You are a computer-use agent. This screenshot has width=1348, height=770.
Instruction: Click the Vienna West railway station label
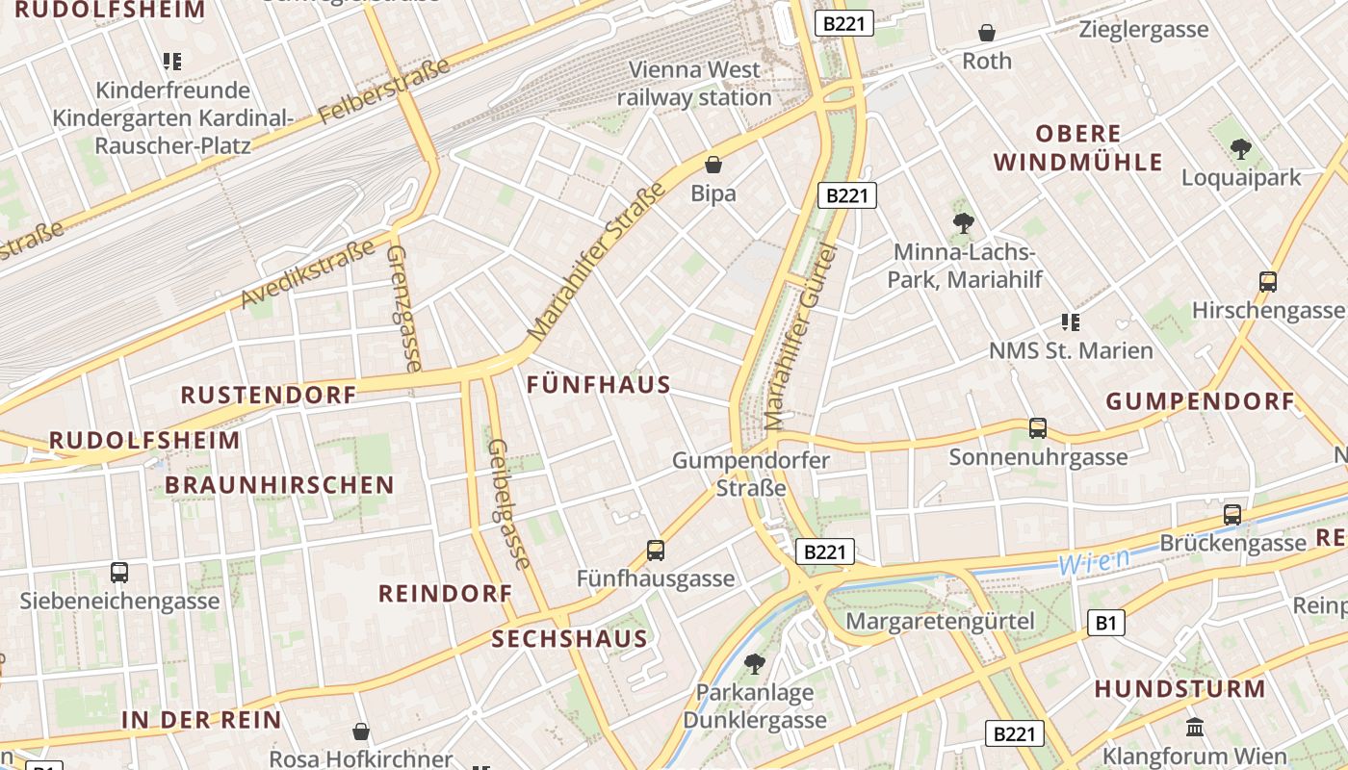tap(693, 84)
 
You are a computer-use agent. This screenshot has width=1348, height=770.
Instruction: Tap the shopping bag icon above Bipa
tap(713, 165)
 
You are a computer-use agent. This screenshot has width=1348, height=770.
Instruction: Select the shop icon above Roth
tap(987, 33)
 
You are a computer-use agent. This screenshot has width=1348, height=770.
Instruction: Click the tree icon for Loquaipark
tap(1240, 148)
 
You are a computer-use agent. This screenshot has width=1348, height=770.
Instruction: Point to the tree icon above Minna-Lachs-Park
tap(963, 223)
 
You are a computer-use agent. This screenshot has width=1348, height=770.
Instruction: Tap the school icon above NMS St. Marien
tap(1070, 321)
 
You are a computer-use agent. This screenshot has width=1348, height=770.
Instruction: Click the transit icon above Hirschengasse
tap(1267, 282)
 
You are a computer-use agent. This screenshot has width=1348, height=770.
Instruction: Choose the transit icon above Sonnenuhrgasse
tap(1037, 428)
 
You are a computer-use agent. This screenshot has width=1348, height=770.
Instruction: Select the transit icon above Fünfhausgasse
tap(655, 551)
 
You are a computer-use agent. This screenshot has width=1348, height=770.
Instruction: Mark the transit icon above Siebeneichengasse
tap(119, 573)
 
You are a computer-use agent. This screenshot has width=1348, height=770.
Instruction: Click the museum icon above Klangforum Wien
tap(1195, 727)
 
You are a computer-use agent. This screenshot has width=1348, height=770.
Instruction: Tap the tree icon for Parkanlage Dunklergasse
tap(755, 663)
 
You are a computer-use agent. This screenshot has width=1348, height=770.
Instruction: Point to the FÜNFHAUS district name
tap(599, 385)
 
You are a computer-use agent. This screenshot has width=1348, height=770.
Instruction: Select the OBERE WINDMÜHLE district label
tap(1078, 147)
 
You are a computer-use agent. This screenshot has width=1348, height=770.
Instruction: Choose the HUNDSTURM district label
tap(1179, 689)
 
